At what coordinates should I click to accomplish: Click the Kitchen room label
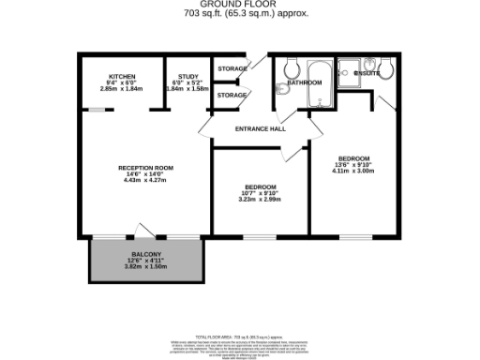[122, 75]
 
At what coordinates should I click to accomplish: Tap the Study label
[187, 75]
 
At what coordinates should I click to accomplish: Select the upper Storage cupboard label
[232, 68]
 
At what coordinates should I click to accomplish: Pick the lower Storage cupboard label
[232, 95]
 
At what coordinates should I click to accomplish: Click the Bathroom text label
[305, 82]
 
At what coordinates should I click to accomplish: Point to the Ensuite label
[367, 72]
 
